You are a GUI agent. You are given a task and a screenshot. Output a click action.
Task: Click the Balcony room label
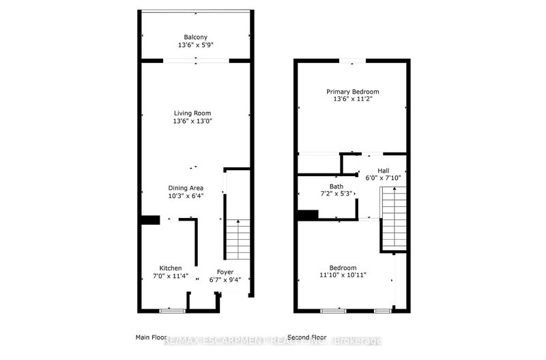click(x=195, y=37)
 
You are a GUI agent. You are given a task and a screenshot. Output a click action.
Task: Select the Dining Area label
click(x=186, y=188)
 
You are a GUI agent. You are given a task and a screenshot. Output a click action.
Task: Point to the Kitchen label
click(x=171, y=268)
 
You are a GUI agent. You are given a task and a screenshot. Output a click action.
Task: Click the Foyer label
click(x=225, y=271)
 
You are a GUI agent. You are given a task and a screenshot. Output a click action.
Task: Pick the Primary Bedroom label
click(x=352, y=92)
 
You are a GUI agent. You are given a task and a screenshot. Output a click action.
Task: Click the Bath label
click(x=336, y=186)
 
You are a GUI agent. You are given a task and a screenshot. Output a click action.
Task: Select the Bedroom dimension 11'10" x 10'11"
click(x=343, y=275)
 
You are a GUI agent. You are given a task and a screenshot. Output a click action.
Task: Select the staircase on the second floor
click(x=393, y=219)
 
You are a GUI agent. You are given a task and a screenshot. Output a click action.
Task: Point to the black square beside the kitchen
click(x=149, y=219)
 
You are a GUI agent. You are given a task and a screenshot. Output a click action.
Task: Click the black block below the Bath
click(x=308, y=214)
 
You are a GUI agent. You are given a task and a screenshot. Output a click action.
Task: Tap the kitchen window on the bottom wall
click(x=172, y=311)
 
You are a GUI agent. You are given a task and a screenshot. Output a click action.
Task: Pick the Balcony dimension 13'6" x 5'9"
click(x=195, y=45)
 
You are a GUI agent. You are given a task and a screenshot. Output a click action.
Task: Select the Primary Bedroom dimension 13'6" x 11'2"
click(x=352, y=100)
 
